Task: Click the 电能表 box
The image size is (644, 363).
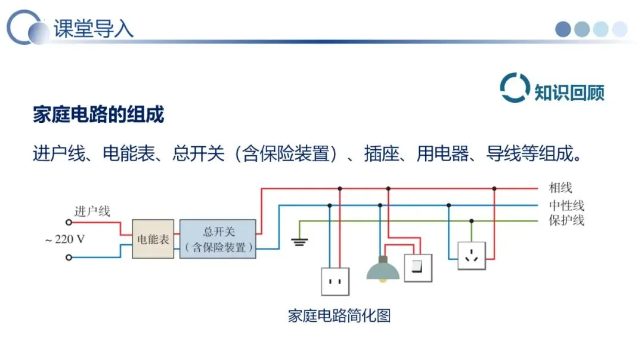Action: click(x=153, y=239)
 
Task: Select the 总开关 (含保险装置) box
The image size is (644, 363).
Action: click(x=218, y=239)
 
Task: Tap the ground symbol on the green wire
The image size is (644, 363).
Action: click(x=299, y=242)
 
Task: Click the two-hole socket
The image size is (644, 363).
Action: click(x=335, y=282)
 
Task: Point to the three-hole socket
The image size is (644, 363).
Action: click(x=472, y=256)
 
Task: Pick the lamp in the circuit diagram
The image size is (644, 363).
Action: click(x=383, y=269)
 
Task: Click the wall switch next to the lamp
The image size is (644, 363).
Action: click(x=418, y=268)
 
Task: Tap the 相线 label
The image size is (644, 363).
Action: click(x=560, y=188)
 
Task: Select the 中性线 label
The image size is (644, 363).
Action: click(x=566, y=205)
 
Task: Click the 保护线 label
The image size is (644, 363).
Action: click(x=566, y=220)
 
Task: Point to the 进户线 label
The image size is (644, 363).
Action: click(x=92, y=211)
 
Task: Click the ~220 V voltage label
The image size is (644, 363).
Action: click(x=65, y=239)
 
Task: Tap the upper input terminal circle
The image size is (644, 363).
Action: click(x=69, y=223)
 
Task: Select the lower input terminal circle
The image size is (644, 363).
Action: click(x=69, y=257)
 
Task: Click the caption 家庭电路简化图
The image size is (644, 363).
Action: click(x=339, y=316)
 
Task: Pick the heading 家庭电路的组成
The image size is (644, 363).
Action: click(x=98, y=114)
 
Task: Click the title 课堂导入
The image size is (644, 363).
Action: click(x=94, y=29)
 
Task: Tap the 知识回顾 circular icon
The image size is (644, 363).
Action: click(x=514, y=88)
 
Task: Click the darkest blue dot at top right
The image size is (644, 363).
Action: click(x=563, y=29)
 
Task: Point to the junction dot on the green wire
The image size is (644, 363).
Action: click(x=472, y=221)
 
